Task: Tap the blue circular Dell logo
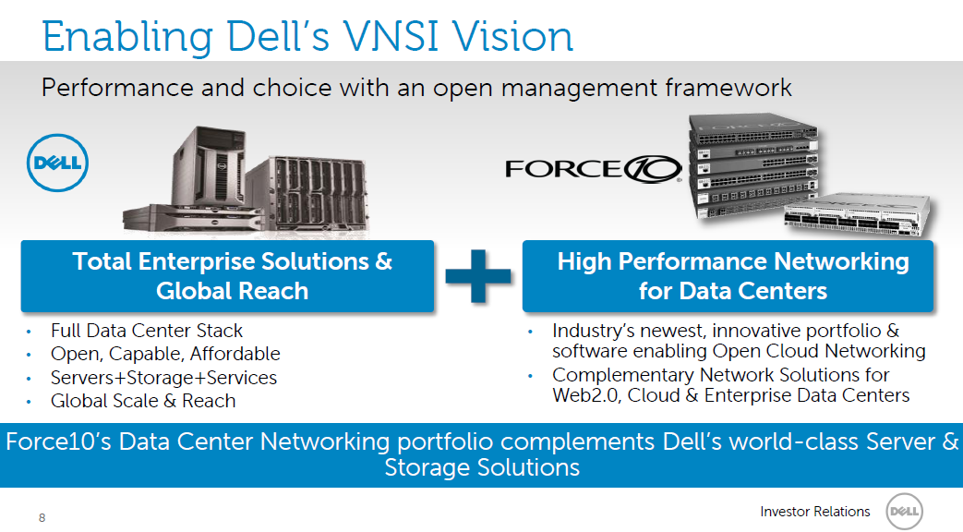56,165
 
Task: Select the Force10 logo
593,169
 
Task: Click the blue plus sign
477,274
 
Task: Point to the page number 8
42,518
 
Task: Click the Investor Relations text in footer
814,512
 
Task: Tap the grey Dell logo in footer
905,513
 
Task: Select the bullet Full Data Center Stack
147,331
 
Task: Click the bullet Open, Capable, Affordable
165,354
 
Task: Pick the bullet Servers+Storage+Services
163,378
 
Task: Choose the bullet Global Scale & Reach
143,401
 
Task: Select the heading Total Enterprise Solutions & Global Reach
232,275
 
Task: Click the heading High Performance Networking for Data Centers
732,275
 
